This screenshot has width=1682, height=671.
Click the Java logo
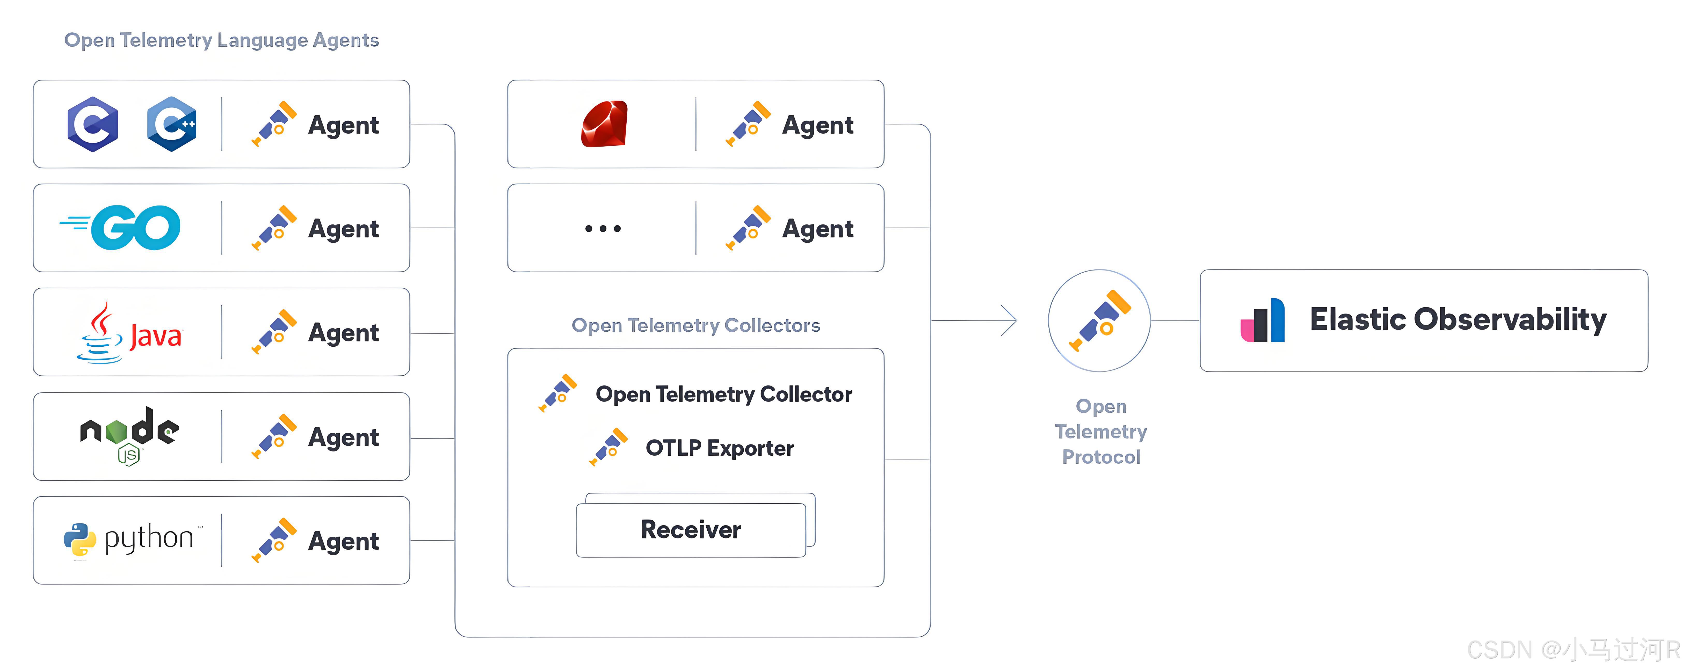[129, 333]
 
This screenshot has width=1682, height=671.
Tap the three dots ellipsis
[603, 228]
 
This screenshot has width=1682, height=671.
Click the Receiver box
[691, 529]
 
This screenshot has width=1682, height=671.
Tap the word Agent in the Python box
[343, 541]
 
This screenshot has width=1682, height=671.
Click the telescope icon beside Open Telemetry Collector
[558, 393]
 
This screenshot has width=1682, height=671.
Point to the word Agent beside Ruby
[817, 125]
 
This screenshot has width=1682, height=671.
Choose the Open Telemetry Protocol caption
[1101, 432]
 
